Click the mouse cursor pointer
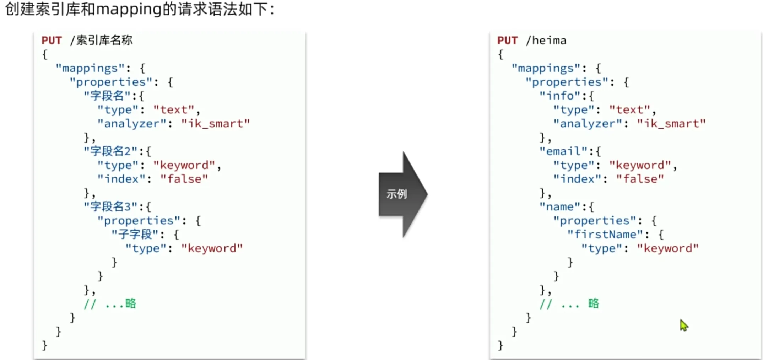[x=684, y=325]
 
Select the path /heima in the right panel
[x=546, y=41]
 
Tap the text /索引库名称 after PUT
[x=101, y=41]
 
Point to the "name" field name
[x=560, y=206]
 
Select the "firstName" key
[x=605, y=234]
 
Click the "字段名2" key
[x=110, y=151]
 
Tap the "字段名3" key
[x=110, y=206]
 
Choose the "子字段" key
[x=135, y=234]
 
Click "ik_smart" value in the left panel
[x=215, y=123]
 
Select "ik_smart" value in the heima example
[x=671, y=123]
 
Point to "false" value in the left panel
[x=184, y=179]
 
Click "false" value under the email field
[x=640, y=179]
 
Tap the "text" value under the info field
[x=630, y=109]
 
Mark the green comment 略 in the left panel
[x=130, y=303]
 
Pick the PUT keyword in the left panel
[x=52, y=41]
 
